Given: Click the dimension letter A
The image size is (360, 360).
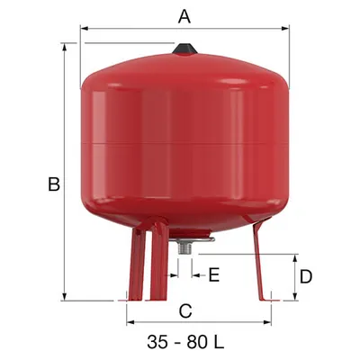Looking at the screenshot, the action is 184,16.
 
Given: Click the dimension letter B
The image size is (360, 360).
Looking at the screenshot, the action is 54,184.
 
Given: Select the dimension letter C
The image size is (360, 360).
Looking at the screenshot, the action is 185,311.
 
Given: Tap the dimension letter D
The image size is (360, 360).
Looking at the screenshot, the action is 306,276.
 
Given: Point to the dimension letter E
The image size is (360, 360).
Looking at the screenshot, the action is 214,274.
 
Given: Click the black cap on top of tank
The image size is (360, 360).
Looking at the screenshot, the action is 184,49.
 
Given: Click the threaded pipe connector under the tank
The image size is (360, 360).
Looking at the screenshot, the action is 184,247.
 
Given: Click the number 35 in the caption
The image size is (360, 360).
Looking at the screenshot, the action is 157,342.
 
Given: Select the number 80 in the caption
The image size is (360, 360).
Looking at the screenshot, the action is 197,342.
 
